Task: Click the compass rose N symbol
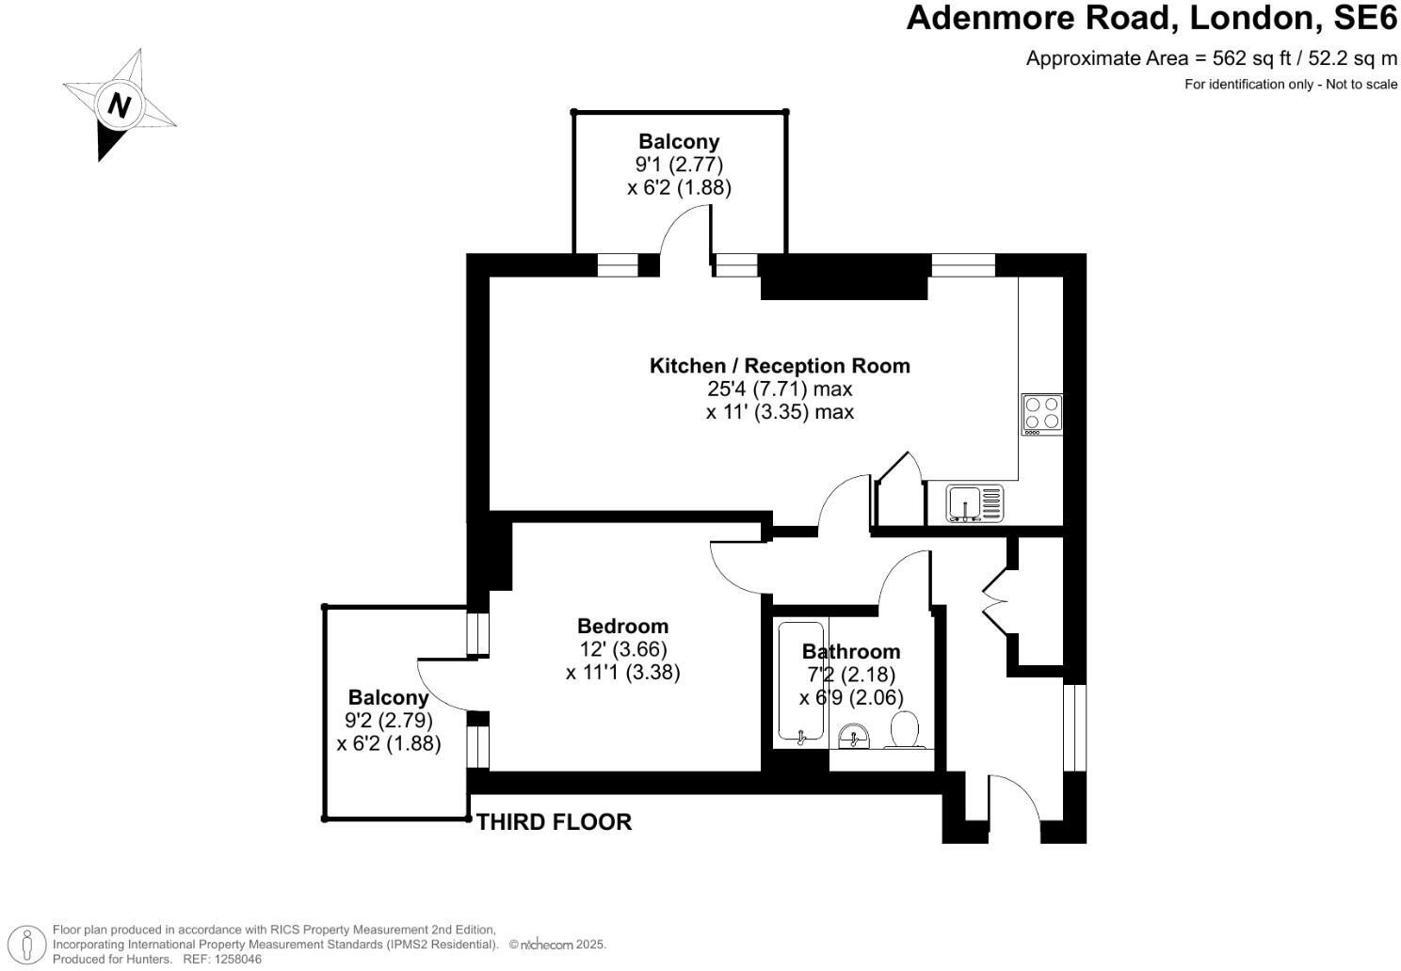(x=119, y=104)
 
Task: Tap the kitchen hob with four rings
(x=1042, y=414)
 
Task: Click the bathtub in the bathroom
(x=800, y=682)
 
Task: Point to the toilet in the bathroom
(x=904, y=730)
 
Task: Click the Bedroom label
(x=622, y=626)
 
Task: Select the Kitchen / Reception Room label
(x=780, y=366)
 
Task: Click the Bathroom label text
(x=850, y=651)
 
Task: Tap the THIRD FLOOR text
(x=554, y=822)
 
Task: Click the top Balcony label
(x=679, y=142)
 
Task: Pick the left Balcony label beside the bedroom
(x=388, y=698)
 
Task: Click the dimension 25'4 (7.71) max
(x=780, y=389)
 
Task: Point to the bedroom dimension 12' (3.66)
(x=623, y=649)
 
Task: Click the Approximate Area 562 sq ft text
(x=1211, y=58)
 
